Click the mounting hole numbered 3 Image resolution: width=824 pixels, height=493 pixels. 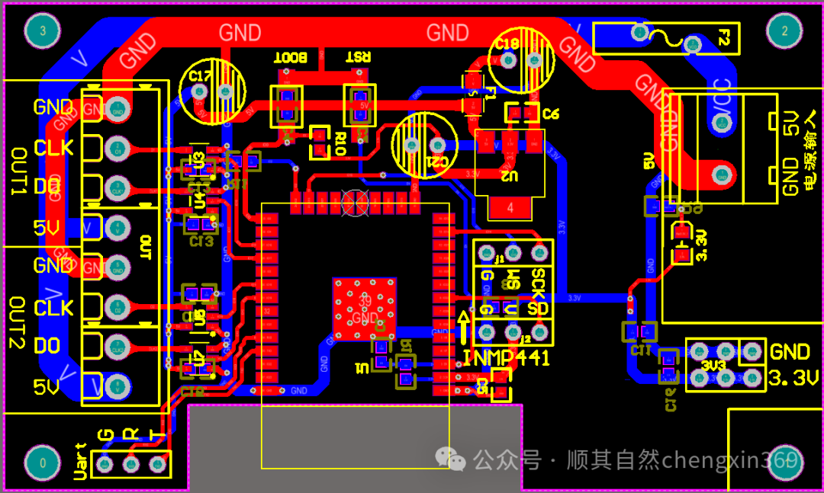point(43,31)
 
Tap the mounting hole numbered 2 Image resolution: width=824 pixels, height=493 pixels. point(784,31)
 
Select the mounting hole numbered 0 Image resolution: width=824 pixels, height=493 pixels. point(43,462)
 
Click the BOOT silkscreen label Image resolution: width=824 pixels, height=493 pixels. point(290,57)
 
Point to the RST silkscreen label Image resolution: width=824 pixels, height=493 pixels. point(359,57)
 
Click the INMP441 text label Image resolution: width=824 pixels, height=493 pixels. point(506,358)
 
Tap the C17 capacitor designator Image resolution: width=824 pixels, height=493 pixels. point(200,76)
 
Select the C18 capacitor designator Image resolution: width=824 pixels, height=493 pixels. point(507,45)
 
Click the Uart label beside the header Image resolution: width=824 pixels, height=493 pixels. point(80,462)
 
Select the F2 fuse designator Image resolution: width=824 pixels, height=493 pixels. point(726,37)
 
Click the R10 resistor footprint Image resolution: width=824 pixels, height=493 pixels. point(319,142)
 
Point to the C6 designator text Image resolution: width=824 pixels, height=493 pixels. point(552,114)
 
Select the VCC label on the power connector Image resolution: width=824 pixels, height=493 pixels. point(722,101)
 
